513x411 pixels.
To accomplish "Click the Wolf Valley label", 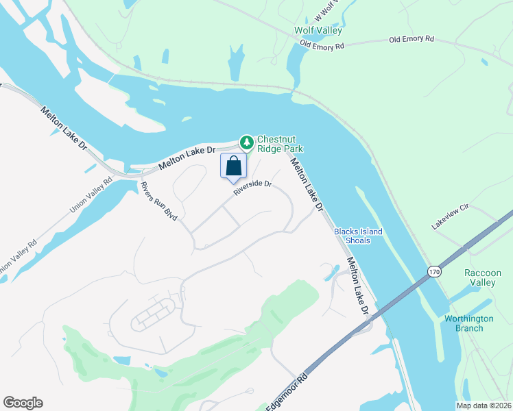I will click(x=318, y=31).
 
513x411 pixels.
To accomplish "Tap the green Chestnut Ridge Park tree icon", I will click(x=246, y=142).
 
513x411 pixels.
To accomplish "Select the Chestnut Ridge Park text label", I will click(x=279, y=143).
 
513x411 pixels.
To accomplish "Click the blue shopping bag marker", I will click(x=233, y=166).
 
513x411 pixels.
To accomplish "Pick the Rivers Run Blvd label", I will click(x=158, y=201).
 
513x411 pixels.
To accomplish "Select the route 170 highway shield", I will click(x=433, y=273).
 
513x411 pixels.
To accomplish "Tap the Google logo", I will click(x=23, y=403).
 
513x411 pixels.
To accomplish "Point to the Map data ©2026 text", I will click(x=484, y=406).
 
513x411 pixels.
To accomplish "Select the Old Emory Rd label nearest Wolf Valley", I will click(x=322, y=47).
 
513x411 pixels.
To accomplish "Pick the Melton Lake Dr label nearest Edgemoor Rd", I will click(x=358, y=286).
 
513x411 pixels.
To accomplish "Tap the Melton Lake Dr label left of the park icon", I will click(x=187, y=158).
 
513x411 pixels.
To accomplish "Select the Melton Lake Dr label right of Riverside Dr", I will click(x=306, y=184).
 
